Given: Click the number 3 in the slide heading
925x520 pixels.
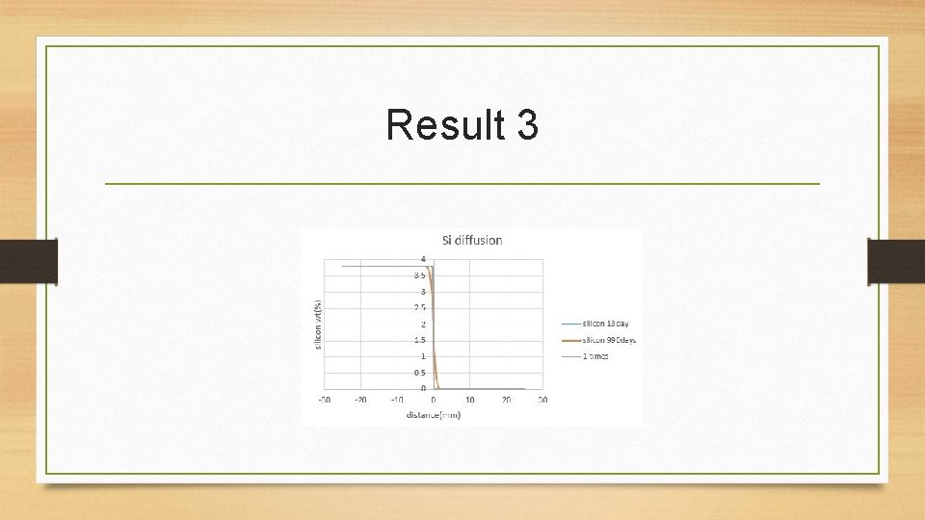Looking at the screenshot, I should [526, 125].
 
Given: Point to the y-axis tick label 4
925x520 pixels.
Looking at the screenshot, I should [422, 258].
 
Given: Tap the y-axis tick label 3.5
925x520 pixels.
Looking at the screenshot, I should [420, 275].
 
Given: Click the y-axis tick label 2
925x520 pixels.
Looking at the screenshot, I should [422, 324].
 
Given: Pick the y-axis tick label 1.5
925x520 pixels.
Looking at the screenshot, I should [420, 340].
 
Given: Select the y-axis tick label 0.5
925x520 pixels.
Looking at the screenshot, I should [420, 373].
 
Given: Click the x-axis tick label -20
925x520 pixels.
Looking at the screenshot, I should [359, 400].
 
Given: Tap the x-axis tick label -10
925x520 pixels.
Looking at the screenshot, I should [396, 400].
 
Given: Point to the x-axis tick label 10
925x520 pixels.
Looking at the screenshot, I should [470, 400].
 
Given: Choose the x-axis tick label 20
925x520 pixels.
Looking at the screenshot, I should [507, 400].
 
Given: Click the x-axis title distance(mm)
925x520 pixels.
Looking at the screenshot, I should [433, 415].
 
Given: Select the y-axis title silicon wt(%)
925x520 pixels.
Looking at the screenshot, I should [319, 325].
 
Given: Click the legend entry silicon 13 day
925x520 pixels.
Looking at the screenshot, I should [605, 324].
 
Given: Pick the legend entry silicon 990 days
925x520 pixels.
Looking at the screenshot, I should [608, 340].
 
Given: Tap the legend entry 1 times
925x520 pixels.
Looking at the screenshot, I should [595, 356].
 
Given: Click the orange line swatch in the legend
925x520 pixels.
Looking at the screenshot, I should [568, 340].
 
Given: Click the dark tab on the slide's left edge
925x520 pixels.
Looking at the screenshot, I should [29, 262].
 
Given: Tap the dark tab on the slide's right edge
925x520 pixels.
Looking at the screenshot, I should [896, 262].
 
